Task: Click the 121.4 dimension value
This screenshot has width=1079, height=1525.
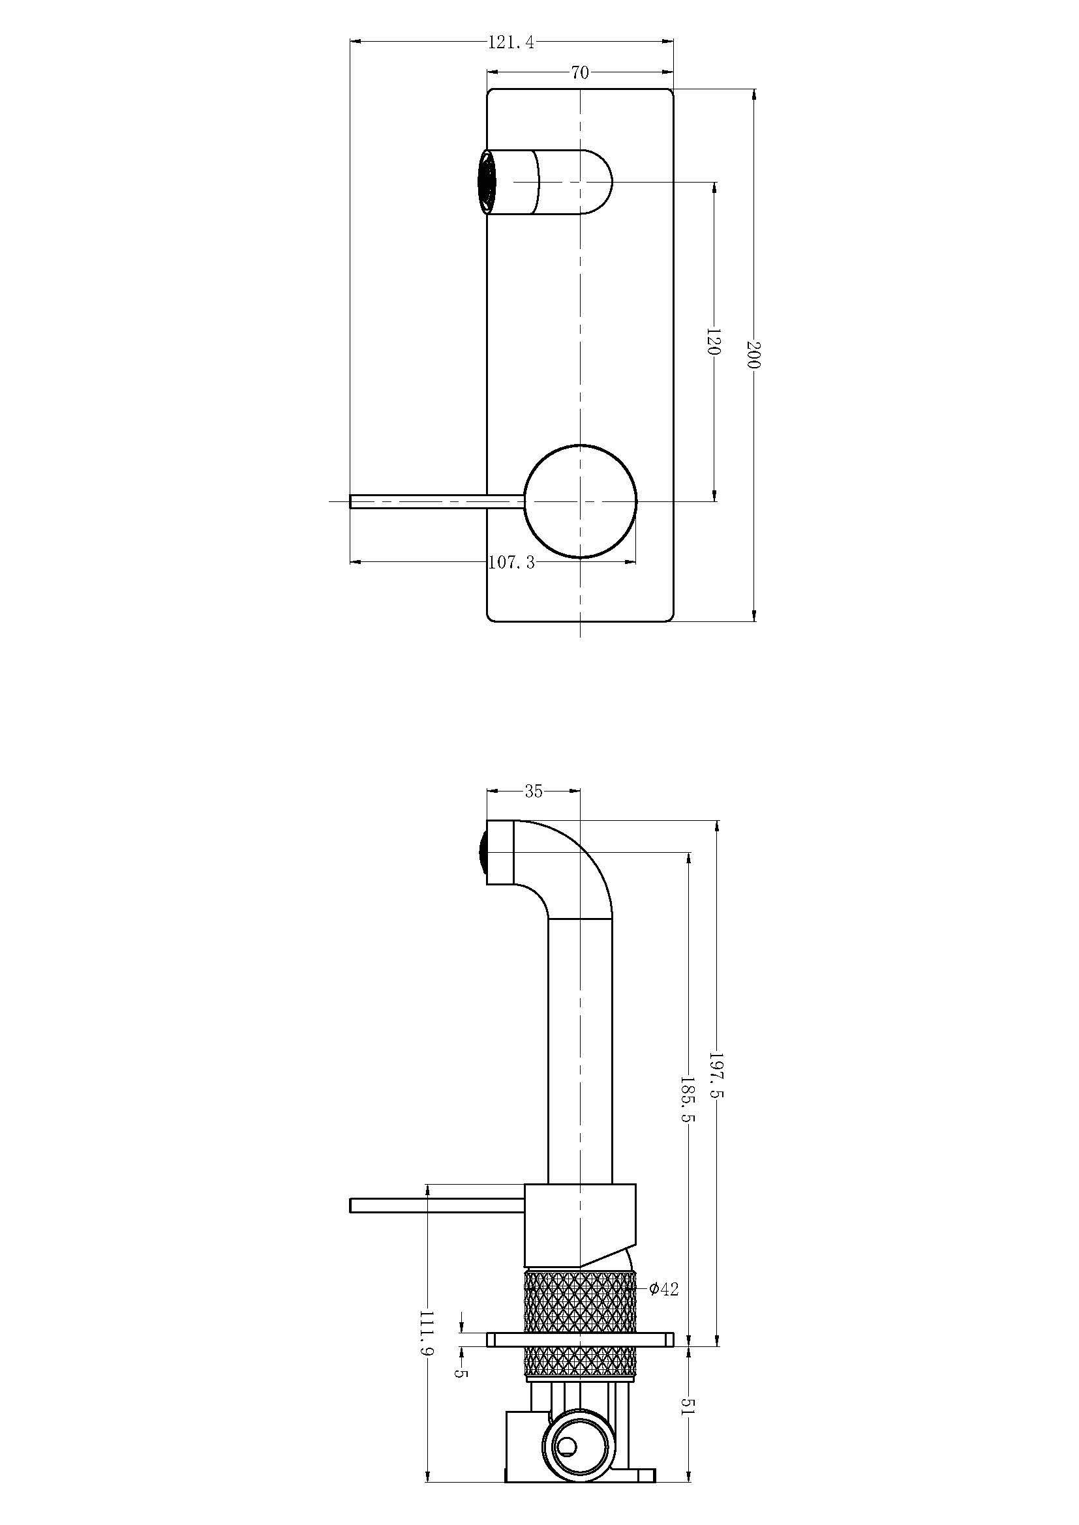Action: (x=511, y=42)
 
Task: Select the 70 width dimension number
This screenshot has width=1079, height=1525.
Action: (x=580, y=72)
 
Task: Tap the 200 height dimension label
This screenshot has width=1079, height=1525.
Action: (x=753, y=355)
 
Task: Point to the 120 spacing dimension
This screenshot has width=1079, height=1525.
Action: (x=714, y=341)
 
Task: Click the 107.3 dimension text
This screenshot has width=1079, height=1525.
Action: (x=511, y=563)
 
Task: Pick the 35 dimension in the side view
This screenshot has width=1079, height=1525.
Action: (x=534, y=791)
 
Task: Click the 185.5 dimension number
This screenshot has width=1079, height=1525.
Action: (x=688, y=1099)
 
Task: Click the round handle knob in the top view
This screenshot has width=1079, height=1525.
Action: (x=581, y=501)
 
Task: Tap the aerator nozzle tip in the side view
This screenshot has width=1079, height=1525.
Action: (x=481, y=853)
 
